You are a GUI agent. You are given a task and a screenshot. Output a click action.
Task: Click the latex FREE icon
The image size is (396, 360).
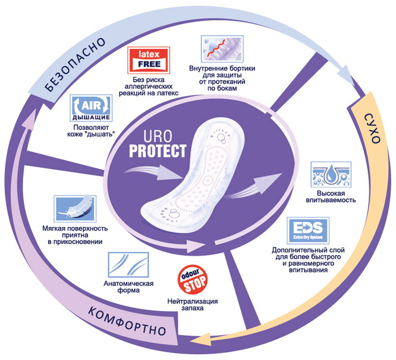click(x=148, y=60)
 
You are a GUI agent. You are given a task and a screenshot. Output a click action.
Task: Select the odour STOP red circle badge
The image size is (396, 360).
click(x=192, y=280)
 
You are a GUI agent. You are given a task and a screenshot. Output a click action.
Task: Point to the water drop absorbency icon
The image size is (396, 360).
click(x=331, y=175)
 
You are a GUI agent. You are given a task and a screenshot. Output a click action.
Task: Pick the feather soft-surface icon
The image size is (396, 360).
click(x=75, y=209)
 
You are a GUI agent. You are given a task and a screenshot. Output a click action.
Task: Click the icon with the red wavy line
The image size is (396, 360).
click(x=222, y=48)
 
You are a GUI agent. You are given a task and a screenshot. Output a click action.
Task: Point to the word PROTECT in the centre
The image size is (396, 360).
click(x=157, y=151)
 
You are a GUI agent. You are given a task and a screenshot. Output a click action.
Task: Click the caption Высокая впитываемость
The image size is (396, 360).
click(x=331, y=196)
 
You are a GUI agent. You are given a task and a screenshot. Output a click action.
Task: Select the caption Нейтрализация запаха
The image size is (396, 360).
click(x=192, y=305)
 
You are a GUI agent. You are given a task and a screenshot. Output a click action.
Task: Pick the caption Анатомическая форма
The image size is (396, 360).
click(x=128, y=287)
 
